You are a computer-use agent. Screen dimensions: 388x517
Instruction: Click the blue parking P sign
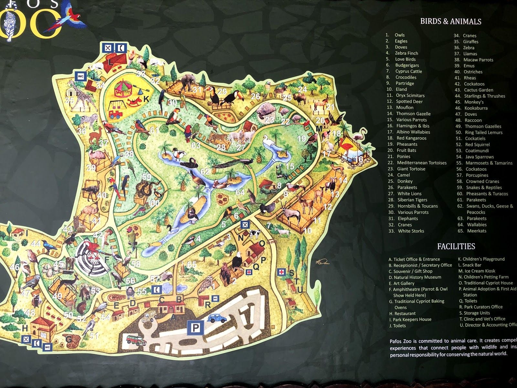tap(195, 328)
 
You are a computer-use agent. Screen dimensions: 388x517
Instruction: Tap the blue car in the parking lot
tap(217, 318)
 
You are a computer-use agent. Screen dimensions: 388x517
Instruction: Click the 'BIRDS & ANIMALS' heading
tap(450, 22)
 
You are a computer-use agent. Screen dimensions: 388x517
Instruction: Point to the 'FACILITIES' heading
tap(456, 246)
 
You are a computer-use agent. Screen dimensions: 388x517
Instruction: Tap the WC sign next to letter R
tap(215, 298)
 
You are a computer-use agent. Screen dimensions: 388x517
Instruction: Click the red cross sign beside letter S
tap(282, 272)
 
